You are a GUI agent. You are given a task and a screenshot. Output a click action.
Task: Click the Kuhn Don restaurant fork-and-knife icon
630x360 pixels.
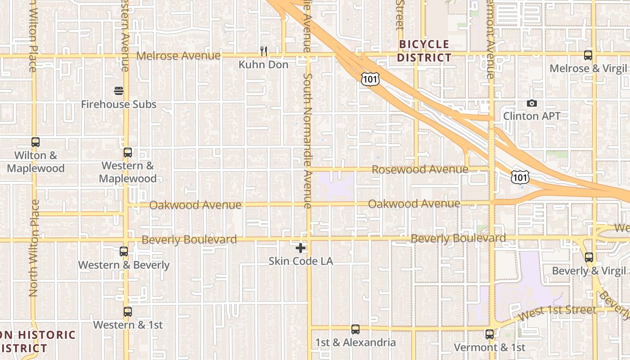264,51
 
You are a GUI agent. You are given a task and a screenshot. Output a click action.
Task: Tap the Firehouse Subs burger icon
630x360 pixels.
119,91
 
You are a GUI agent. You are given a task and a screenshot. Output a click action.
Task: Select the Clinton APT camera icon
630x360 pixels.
532,103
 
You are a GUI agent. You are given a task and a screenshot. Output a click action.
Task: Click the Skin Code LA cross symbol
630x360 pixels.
301,247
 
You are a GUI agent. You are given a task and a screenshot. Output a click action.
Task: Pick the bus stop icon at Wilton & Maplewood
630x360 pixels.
36,142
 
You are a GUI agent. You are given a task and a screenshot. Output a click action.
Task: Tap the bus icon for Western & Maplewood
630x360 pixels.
128,153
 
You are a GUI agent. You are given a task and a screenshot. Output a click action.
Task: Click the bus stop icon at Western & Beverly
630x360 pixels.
124,252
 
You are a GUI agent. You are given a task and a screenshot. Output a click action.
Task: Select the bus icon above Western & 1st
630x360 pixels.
128,311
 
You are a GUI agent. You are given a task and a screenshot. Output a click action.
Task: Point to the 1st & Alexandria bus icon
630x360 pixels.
355,329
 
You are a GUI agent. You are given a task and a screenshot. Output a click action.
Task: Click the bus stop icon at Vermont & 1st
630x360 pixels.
490,334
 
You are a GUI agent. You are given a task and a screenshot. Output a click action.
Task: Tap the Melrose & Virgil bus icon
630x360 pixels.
588,55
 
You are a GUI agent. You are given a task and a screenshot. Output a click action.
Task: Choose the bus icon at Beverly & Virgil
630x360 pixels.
589,257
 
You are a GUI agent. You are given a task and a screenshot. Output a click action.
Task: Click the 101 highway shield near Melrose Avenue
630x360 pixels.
370,79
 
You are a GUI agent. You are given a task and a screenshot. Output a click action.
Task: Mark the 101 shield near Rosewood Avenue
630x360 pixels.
520,176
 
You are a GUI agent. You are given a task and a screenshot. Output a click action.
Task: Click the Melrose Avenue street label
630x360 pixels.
179,56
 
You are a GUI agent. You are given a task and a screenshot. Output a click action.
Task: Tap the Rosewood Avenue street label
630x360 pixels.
420,170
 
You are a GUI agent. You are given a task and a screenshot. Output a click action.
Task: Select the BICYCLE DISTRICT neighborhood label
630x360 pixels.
424,51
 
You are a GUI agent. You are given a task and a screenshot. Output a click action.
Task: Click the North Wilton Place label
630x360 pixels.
34,247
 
